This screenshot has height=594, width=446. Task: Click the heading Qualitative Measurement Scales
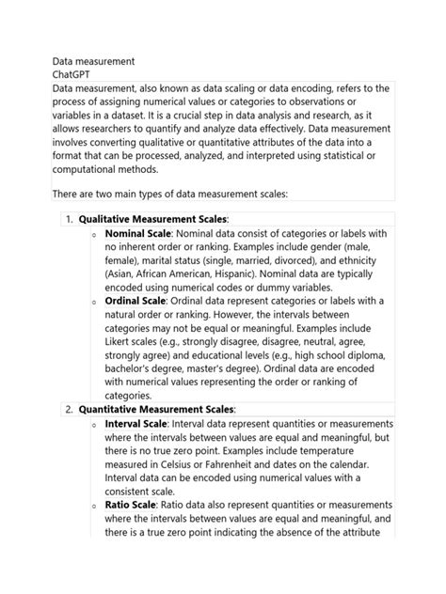point(152,219)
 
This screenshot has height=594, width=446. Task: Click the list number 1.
point(69,219)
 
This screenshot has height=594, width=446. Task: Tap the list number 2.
point(69,410)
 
